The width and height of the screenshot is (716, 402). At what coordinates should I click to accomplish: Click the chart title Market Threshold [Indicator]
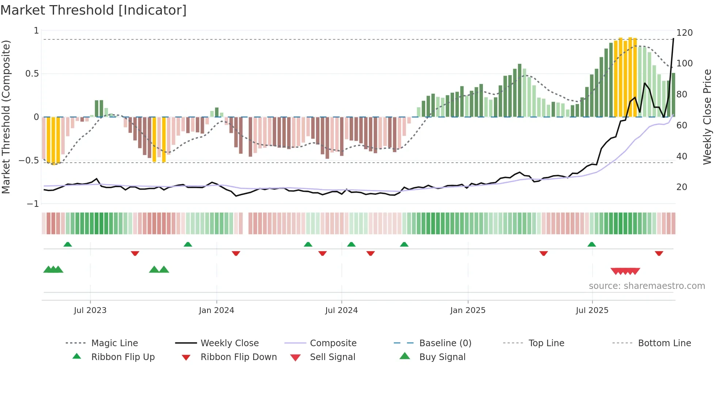pyautogui.click(x=94, y=10)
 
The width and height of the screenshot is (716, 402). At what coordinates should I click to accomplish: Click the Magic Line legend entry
pyautogui.click(x=114, y=343)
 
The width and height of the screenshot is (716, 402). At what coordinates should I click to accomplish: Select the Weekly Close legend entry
pyautogui.click(x=229, y=343)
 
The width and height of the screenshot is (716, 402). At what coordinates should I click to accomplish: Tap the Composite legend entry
pyautogui.click(x=333, y=343)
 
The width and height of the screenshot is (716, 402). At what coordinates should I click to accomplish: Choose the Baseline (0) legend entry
pyautogui.click(x=445, y=343)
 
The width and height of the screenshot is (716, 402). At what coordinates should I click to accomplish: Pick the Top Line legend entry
pyautogui.click(x=546, y=343)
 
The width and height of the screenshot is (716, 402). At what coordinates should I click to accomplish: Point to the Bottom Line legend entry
pyautogui.click(x=664, y=343)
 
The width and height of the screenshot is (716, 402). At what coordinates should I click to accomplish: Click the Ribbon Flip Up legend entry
pyautogui.click(x=123, y=357)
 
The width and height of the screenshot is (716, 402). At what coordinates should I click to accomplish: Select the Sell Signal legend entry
pyautogui.click(x=332, y=357)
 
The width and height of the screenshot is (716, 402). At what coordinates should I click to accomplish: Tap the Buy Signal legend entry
pyautogui.click(x=442, y=357)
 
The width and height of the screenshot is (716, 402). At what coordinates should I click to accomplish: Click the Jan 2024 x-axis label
pyautogui.click(x=216, y=310)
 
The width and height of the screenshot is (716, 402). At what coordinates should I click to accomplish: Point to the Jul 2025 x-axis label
pyautogui.click(x=592, y=310)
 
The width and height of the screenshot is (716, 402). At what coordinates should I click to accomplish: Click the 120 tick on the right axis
pyautogui.click(x=684, y=33)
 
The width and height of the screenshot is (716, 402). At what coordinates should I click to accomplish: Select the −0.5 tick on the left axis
pyautogui.click(x=28, y=161)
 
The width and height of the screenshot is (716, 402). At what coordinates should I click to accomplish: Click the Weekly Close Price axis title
pyautogui.click(x=707, y=117)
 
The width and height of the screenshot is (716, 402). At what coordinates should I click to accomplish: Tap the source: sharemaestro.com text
pyautogui.click(x=647, y=286)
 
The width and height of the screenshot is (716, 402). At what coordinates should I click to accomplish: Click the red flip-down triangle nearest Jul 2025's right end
pyautogui.click(x=659, y=253)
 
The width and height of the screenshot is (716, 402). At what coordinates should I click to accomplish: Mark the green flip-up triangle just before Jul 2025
pyautogui.click(x=592, y=244)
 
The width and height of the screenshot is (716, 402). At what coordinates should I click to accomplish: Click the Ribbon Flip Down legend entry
pyautogui.click(x=238, y=357)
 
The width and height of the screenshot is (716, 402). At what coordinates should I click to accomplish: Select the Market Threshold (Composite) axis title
pyautogui.click(x=6, y=117)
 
